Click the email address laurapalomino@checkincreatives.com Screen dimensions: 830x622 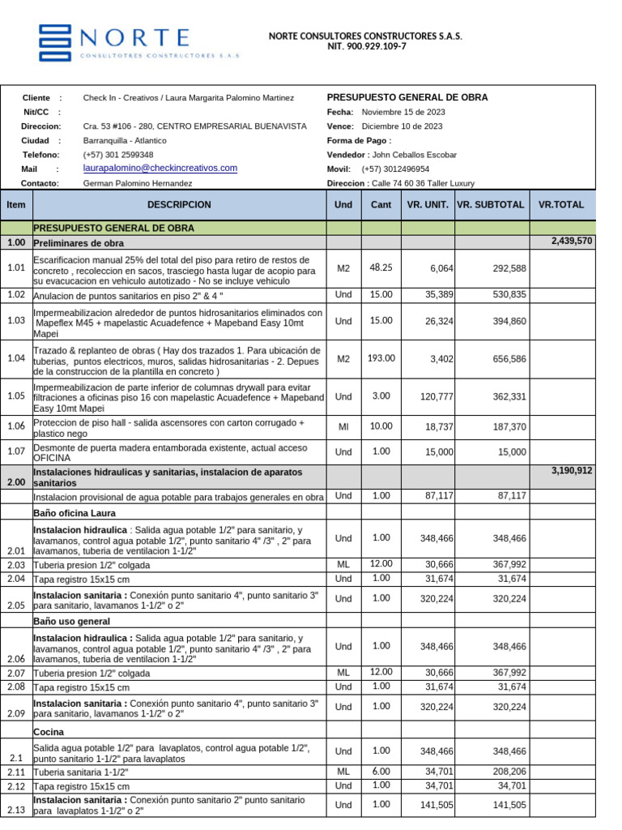[x=160, y=168]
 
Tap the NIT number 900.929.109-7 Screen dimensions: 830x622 [x=366, y=47]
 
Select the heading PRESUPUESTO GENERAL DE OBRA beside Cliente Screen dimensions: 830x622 [x=407, y=97]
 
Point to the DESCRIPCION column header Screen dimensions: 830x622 [x=179, y=205]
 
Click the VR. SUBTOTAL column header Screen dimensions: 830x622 [x=491, y=205]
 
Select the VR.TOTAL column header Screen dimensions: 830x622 [x=560, y=205]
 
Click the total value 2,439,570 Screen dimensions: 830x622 [x=572, y=242]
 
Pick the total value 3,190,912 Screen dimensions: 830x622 [x=572, y=470]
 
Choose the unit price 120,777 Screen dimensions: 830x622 [x=431, y=396]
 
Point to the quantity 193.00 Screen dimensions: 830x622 [x=381, y=357]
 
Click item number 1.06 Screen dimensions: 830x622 [x=16, y=426]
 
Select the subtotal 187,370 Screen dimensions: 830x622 [x=509, y=426]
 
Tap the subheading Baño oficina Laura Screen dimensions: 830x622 [x=75, y=513]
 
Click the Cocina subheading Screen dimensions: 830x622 [x=49, y=732]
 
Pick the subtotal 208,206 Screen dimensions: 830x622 [x=509, y=772]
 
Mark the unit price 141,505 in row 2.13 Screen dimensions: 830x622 [x=431, y=805]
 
